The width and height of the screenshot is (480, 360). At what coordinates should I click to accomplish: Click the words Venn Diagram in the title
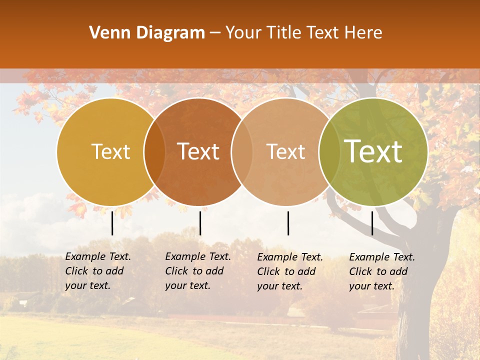147,33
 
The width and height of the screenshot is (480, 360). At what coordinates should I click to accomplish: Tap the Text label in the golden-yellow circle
111,152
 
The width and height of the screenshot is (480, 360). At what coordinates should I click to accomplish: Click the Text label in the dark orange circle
198,152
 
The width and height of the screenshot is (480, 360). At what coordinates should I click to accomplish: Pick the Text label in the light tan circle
286,152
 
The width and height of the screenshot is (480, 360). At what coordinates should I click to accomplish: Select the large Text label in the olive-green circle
373,152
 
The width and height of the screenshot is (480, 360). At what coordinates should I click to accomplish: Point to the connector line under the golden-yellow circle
112,223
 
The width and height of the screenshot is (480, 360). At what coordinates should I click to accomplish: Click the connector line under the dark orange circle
200,223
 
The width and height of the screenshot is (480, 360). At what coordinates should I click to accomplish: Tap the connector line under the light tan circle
288,223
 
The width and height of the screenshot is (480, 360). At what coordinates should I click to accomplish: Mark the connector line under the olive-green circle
372,223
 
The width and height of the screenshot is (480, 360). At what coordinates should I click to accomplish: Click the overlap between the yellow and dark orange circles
154,152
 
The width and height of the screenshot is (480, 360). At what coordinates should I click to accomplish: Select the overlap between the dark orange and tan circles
241,152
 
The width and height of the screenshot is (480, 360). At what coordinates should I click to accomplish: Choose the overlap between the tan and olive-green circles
328,152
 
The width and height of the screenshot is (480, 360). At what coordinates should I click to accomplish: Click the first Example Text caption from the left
98,271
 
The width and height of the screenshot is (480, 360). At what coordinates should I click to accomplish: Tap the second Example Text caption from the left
198,271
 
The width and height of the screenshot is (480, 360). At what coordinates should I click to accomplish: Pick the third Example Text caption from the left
290,271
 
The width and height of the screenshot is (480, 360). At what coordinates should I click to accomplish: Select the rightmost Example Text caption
382,271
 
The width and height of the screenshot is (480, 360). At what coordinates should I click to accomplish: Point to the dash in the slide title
215,33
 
